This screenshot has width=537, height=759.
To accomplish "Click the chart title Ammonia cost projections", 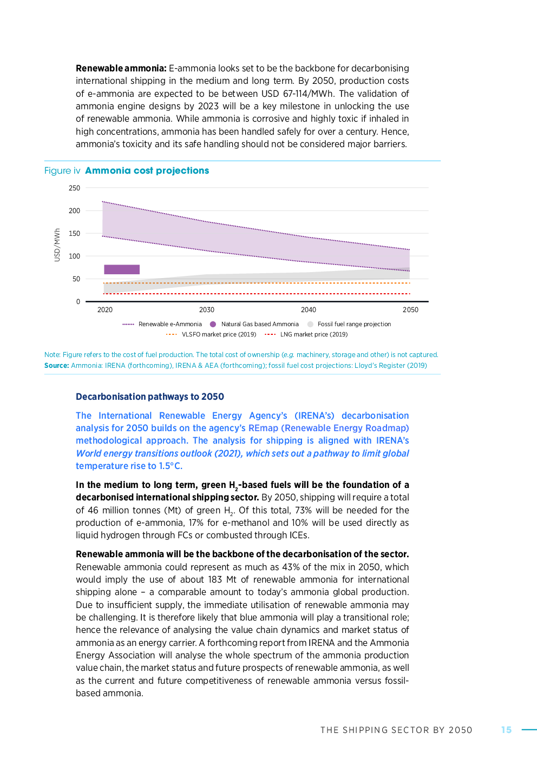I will [147, 171].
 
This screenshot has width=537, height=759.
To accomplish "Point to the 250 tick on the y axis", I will [74, 188].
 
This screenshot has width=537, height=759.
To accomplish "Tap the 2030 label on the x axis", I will [207, 310].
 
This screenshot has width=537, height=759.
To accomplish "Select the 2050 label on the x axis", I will [410, 310].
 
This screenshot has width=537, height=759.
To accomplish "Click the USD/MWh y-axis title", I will [57, 245].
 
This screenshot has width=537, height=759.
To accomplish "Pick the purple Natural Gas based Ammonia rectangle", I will [122, 269].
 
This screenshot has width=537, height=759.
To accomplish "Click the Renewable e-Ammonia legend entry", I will [162, 324].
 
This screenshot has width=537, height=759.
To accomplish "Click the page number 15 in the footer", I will [506, 730].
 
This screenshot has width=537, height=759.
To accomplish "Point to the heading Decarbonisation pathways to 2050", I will [150, 397].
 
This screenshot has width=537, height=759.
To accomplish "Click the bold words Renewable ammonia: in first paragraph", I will [121, 68].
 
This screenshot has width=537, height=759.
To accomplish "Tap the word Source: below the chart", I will [56, 366].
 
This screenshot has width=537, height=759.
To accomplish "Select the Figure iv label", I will [62, 171].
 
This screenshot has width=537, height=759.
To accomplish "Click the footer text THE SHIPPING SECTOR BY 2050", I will [396, 730].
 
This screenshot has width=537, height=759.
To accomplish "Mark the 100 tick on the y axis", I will [74, 256].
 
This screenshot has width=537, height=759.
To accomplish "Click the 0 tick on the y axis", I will [78, 302].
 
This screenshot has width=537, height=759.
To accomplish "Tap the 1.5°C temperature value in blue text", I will [170, 466].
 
